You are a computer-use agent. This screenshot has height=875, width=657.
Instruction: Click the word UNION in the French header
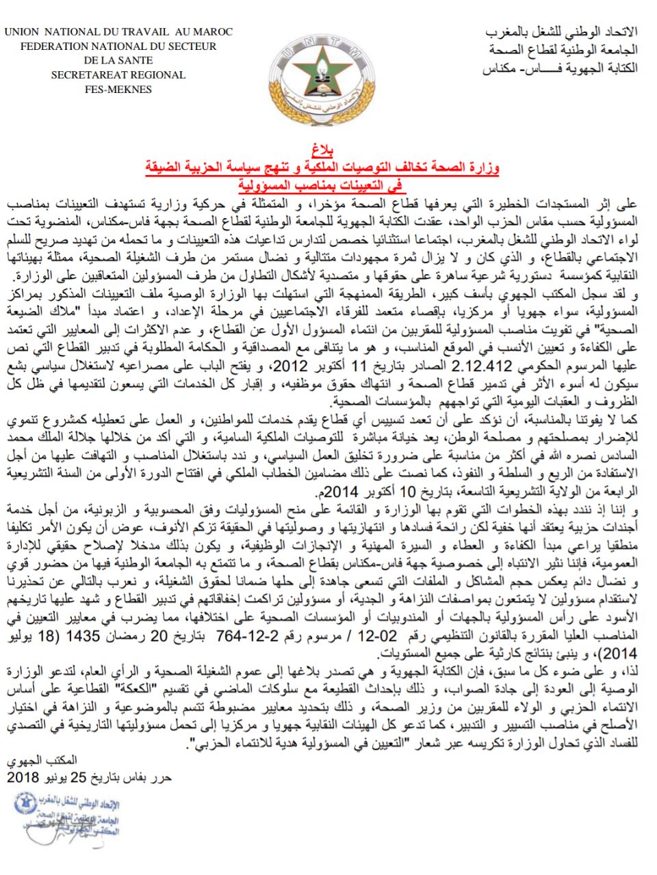pyautogui.click(x=25, y=31)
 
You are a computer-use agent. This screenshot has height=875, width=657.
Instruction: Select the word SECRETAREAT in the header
pyautogui.click(x=79, y=75)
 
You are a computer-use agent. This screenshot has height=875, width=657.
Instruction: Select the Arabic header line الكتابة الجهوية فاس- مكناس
pyautogui.click(x=560, y=68)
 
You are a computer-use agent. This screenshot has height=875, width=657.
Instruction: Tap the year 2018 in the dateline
pyautogui.click(x=23, y=777)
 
